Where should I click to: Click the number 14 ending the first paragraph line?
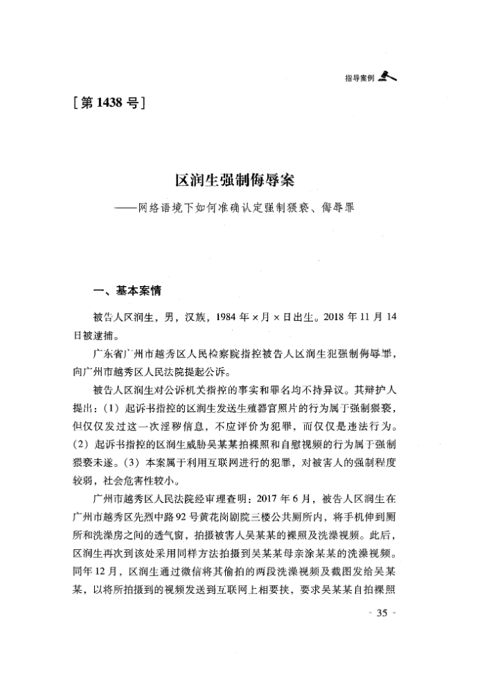click(392, 318)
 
